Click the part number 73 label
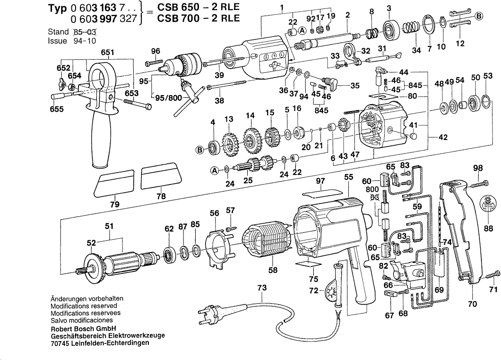262,288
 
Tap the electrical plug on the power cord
210,313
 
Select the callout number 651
107,53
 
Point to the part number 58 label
273,270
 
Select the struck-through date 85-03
86,33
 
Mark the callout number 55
349,176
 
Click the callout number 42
443,138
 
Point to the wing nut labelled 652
61,85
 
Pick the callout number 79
114,204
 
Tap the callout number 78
161,195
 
